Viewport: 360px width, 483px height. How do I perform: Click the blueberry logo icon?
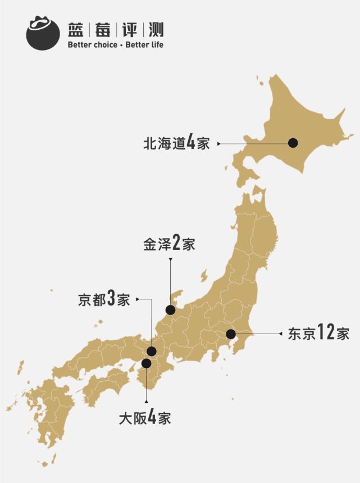43,33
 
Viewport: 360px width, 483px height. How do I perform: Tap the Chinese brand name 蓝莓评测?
115,29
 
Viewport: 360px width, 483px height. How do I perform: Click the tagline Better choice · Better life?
115,44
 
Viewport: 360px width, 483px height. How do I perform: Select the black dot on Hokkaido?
293,143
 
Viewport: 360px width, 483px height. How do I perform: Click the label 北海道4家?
176,143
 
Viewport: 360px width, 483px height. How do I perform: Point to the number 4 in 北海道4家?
191,143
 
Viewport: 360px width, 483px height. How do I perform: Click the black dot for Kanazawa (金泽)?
170,310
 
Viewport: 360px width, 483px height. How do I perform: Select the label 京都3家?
104,299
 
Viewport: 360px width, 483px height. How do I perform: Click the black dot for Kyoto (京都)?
151,352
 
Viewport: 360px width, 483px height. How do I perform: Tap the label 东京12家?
318,333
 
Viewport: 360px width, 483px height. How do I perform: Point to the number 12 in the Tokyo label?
326,332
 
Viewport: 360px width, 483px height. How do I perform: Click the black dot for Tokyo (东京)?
231,334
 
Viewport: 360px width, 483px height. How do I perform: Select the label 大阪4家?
145,418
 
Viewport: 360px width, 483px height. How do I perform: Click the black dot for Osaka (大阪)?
146,363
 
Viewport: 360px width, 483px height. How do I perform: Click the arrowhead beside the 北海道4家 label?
219,144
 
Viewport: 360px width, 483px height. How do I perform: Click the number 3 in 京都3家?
111,299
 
